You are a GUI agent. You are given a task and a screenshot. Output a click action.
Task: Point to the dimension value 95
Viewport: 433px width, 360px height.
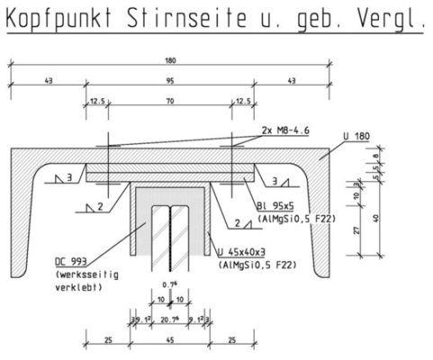[169, 81]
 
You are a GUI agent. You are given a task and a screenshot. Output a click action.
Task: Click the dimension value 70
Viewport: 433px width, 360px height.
[169, 101]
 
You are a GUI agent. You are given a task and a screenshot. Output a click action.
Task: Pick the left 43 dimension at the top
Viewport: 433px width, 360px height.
[48, 81]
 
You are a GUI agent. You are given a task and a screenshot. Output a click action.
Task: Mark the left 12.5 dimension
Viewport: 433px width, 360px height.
[97, 101]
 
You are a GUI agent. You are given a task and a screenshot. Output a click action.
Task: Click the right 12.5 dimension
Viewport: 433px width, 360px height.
[241, 101]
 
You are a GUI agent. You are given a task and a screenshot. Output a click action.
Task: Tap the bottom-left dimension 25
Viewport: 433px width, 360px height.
[108, 339]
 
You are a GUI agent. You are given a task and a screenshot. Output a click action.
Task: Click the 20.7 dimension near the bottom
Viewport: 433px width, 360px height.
[169, 319]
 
